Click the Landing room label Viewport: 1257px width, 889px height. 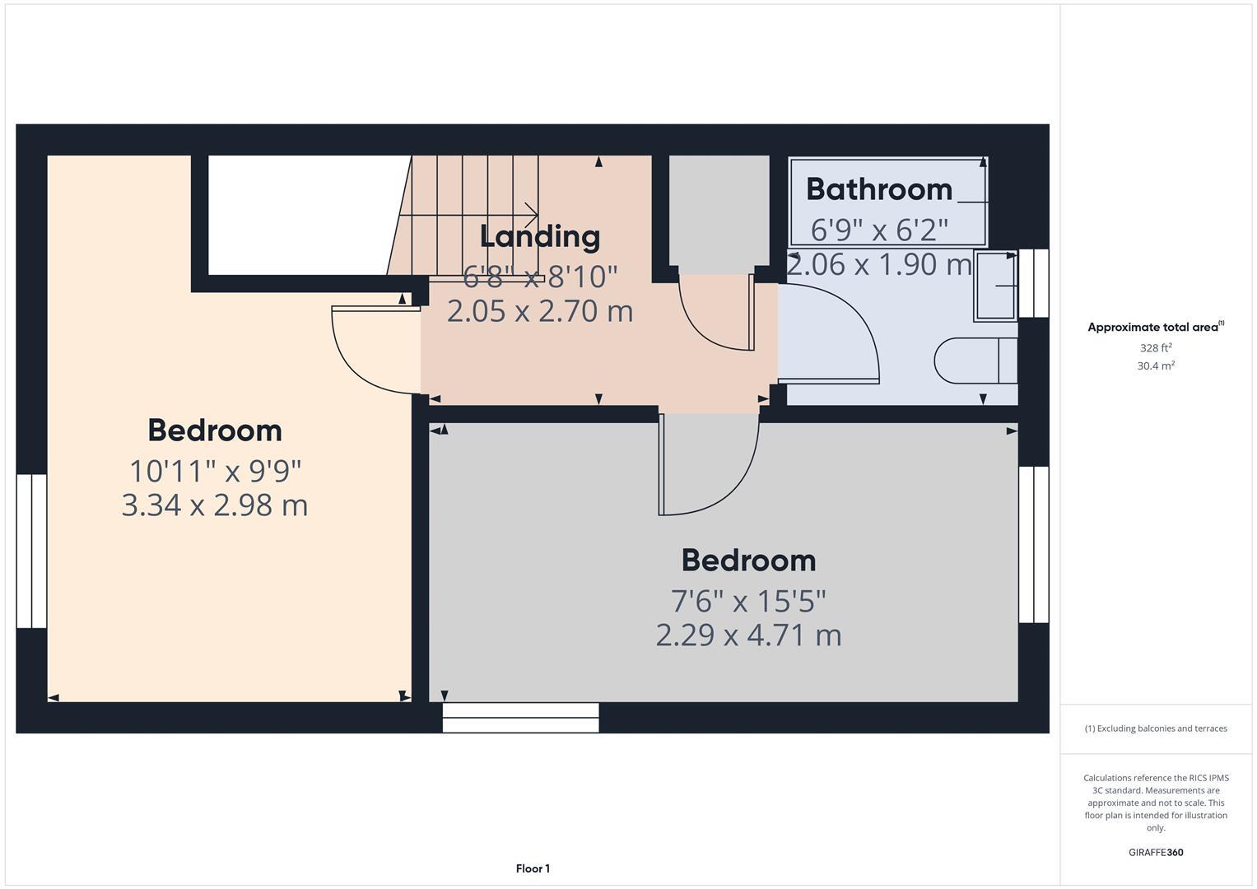click(x=540, y=237)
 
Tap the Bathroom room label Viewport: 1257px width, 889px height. click(x=878, y=189)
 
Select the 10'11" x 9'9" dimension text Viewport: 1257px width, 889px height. click(x=215, y=471)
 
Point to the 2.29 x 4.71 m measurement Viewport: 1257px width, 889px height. click(x=748, y=635)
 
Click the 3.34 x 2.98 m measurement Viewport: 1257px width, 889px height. click(x=215, y=505)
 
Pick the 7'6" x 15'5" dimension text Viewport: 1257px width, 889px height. click(x=748, y=602)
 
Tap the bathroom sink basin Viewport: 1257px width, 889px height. click(x=995, y=286)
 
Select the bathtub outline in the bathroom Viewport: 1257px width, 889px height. click(x=887, y=202)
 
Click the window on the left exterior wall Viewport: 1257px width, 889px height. click(x=31, y=551)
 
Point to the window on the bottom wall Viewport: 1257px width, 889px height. click(x=520, y=717)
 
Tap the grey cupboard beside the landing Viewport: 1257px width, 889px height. click(x=718, y=212)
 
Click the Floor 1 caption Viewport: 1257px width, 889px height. click(x=533, y=868)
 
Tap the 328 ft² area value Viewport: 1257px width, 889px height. click(x=1155, y=348)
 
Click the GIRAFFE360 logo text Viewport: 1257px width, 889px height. click(x=1155, y=852)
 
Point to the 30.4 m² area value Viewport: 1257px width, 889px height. click(x=1155, y=366)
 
